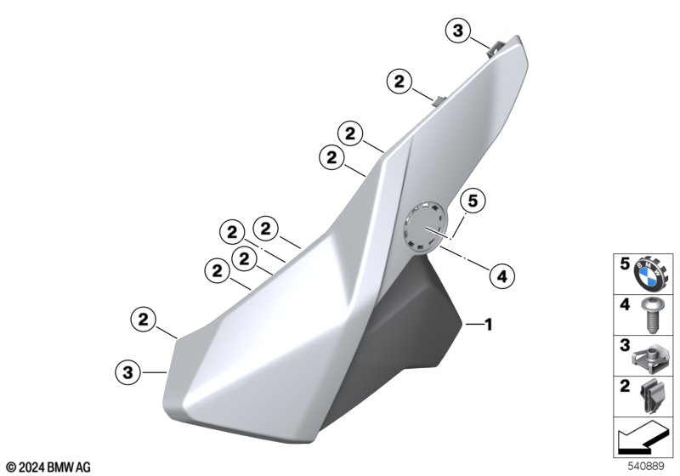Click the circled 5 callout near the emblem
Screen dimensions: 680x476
pyautogui.click(x=473, y=201)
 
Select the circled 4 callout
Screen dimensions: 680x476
pyautogui.click(x=502, y=276)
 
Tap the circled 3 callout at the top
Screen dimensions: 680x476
pyautogui.click(x=458, y=31)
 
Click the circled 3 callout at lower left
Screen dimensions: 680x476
pyautogui.click(x=128, y=372)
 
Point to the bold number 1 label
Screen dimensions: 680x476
pyautogui.click(x=489, y=324)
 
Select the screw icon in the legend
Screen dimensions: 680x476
pyautogui.click(x=649, y=315)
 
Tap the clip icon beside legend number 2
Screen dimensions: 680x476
pyautogui.click(x=650, y=397)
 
